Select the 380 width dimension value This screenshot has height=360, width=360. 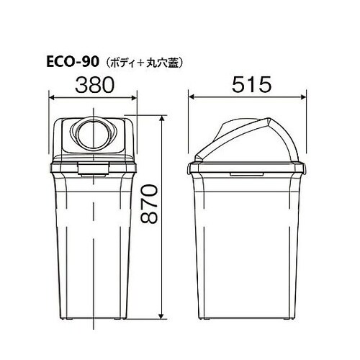click(94, 85)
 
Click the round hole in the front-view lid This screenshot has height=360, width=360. click(93, 133)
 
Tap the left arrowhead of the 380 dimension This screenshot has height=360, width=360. click(51, 97)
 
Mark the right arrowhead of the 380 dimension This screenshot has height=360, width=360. click(136, 97)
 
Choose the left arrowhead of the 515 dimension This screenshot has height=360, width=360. click(191, 97)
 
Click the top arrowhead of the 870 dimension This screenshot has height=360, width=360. click(165, 117)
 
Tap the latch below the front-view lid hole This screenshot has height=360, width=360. click(93, 167)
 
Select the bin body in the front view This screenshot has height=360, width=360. click(93, 245)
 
